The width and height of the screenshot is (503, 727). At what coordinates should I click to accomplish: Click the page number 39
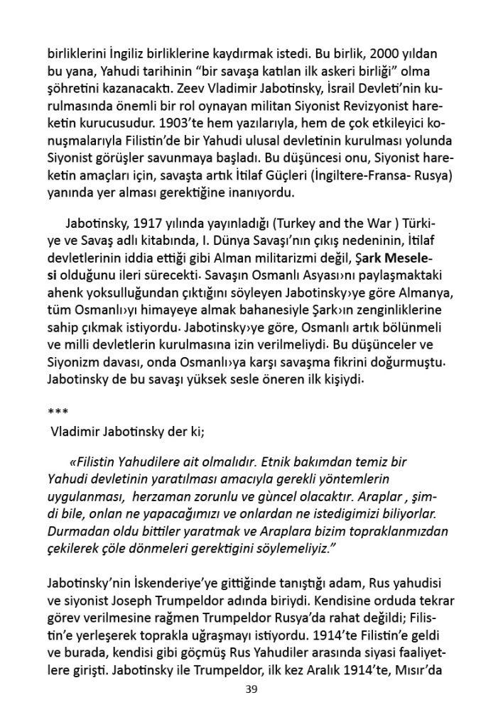point(250,689)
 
